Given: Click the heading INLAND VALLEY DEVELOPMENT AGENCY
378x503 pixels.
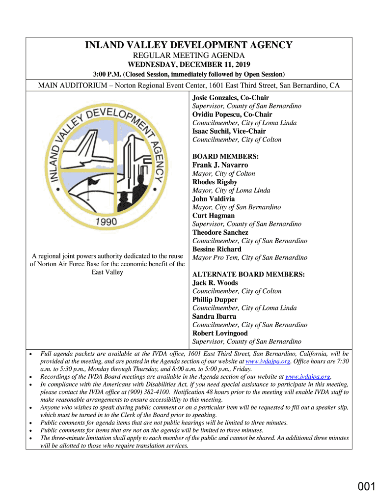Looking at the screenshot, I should pyautogui.click(x=189, y=46).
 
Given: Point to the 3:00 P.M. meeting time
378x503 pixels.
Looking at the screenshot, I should pyautogui.click(x=107, y=74).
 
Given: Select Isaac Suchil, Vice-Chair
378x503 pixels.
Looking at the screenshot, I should pyautogui.click(x=229, y=131).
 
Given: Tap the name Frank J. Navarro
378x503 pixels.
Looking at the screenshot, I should pyautogui.click(x=220, y=165).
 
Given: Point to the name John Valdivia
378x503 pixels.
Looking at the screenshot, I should pyautogui.click(x=214, y=199).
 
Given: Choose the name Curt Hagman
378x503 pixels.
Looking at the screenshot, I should pyautogui.click(x=214, y=216).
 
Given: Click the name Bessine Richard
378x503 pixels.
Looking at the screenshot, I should pyautogui.click(x=217, y=249).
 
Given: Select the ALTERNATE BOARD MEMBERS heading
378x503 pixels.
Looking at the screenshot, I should pyautogui.click(x=248, y=275).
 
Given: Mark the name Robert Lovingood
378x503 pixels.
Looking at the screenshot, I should pyautogui.click(x=220, y=333).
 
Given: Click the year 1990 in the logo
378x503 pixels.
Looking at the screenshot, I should pyautogui.click(x=106, y=222).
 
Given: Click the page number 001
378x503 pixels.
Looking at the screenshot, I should pyautogui.click(x=366, y=487).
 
